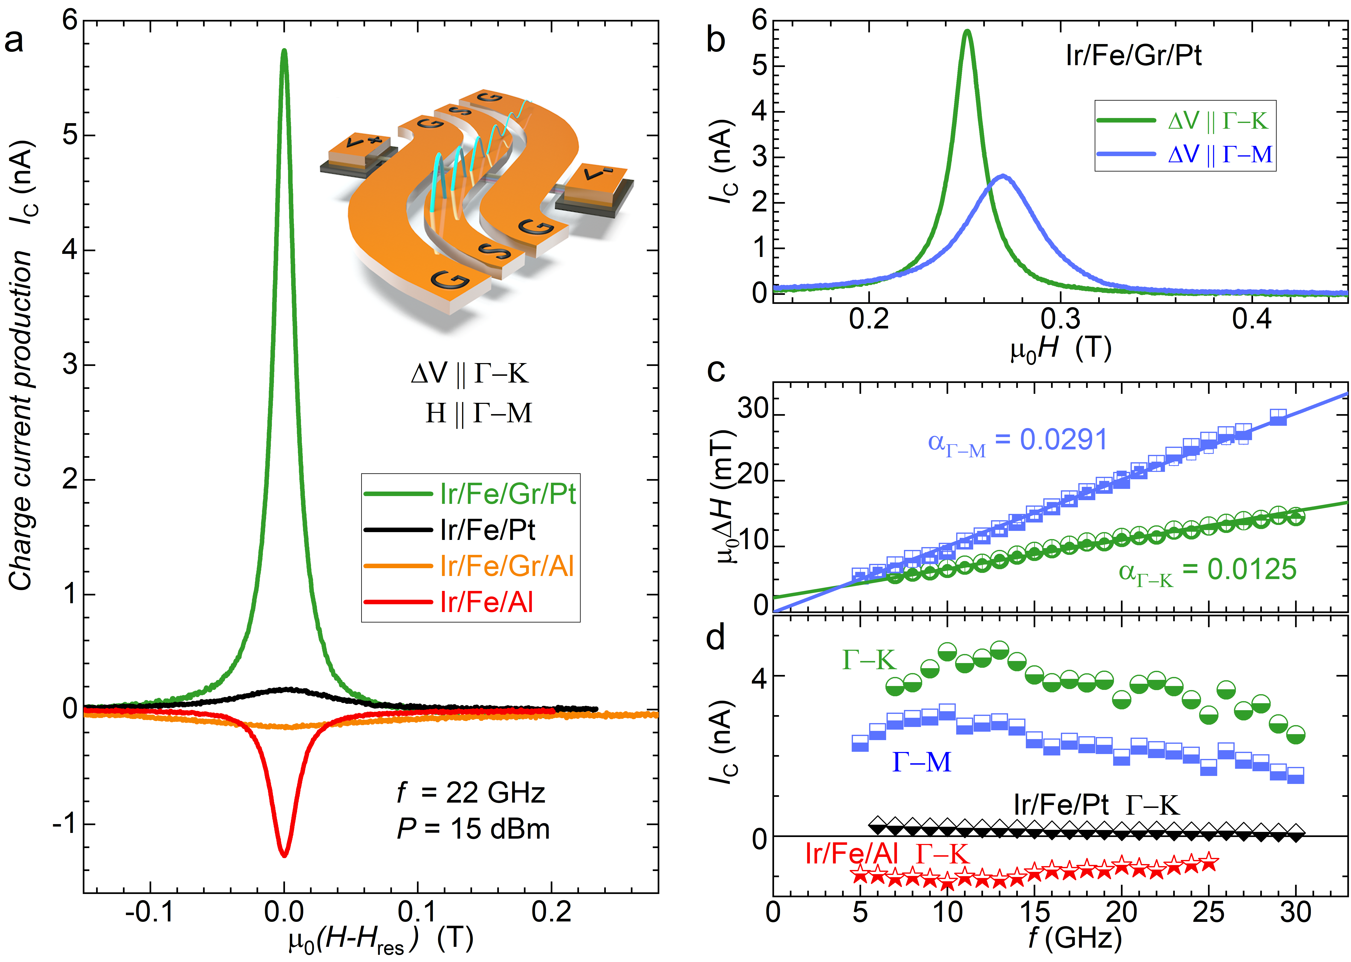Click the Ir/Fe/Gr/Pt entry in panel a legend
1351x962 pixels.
coord(507,493)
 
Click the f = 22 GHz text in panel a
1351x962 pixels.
coord(471,793)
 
